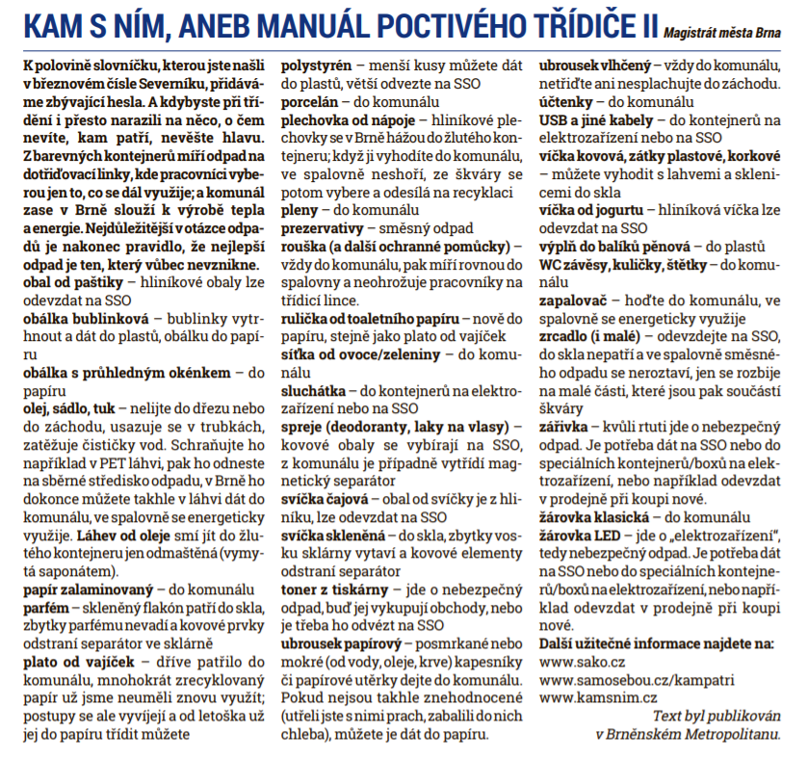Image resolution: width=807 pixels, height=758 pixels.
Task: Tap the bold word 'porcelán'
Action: point(310,101)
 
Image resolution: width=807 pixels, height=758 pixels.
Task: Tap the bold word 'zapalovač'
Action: point(574,300)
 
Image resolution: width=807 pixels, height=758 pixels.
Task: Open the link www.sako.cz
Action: point(583,662)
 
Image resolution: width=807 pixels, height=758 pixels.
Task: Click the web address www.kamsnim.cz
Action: point(597,696)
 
